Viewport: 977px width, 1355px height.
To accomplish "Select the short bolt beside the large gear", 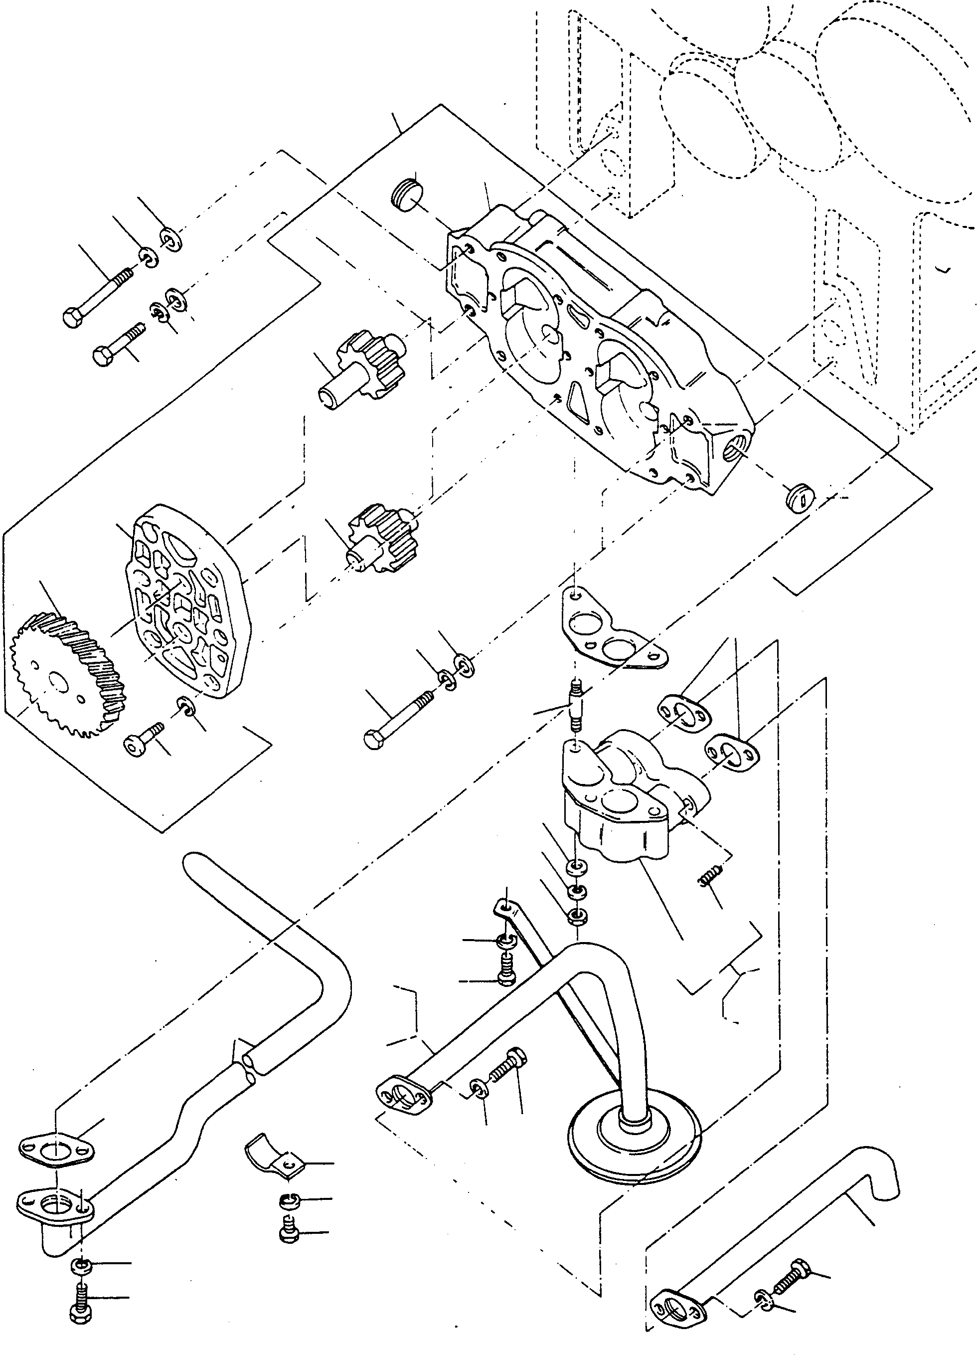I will point(144,740).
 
